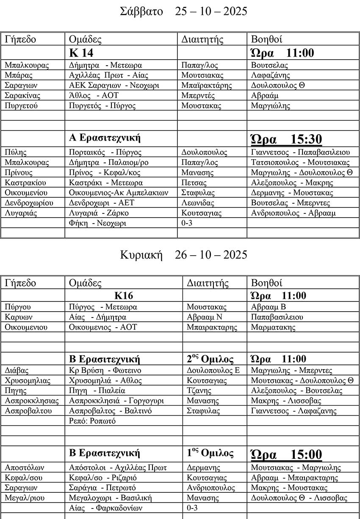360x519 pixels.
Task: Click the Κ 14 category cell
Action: [x=81, y=53]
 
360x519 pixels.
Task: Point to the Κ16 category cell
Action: [x=124, y=295]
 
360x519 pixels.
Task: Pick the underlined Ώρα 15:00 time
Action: [x=286, y=455]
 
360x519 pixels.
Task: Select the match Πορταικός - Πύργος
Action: [x=105, y=152]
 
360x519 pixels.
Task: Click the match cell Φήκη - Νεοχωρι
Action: [x=97, y=223]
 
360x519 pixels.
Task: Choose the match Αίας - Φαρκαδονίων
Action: [x=105, y=508]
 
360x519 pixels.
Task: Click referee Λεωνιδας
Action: [x=198, y=203]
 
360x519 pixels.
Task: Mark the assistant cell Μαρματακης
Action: [x=273, y=327]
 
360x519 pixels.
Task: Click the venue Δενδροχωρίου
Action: [x=27, y=203]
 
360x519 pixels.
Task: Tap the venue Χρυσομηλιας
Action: [x=28, y=381]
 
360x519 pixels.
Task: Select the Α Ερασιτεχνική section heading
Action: [x=105, y=138]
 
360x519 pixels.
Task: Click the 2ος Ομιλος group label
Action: [x=210, y=359]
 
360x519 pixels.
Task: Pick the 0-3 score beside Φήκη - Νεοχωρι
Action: [x=187, y=223]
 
